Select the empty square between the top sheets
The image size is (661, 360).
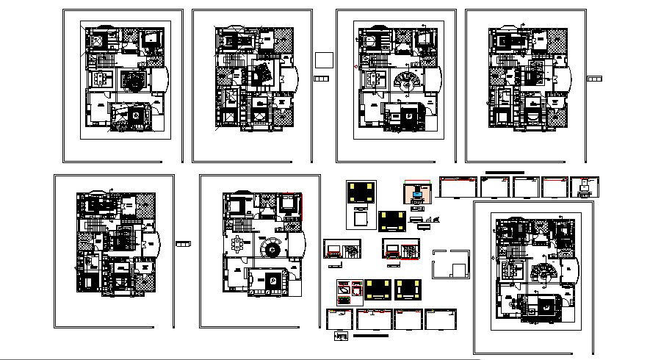coord(322,60)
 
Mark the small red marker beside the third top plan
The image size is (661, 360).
coord(356,68)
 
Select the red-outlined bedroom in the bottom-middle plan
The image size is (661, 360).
coord(290,203)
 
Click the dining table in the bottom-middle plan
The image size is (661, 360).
coord(239,244)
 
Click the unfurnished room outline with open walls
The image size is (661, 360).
coord(452,263)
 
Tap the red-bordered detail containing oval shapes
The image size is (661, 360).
coord(344,291)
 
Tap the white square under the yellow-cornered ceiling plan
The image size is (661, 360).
coord(361,219)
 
